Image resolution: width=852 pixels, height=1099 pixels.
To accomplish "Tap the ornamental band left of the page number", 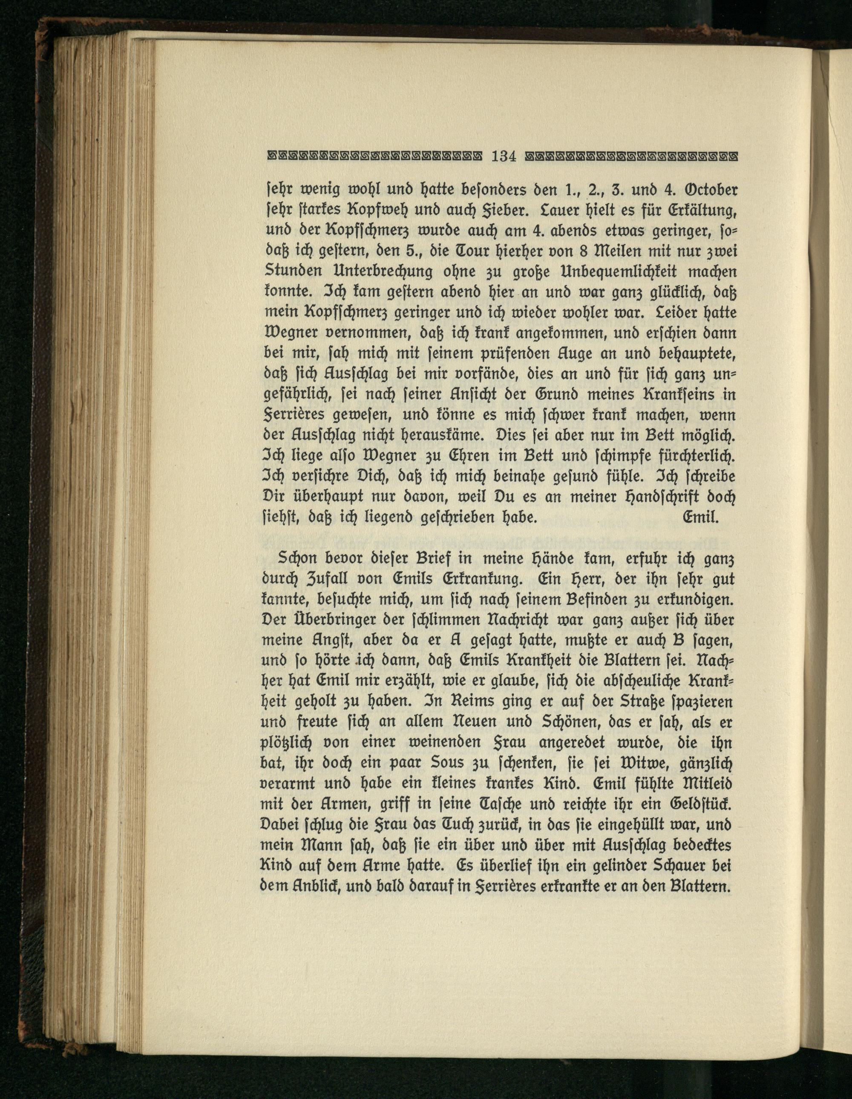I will pyautogui.click(x=374, y=156).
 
